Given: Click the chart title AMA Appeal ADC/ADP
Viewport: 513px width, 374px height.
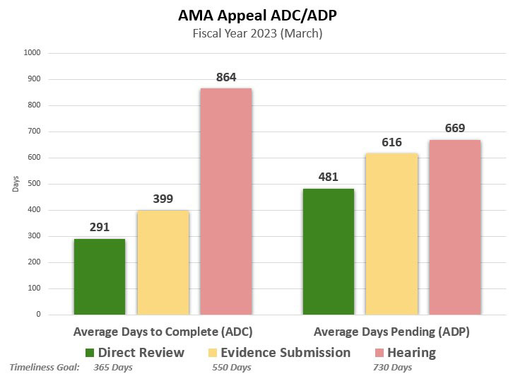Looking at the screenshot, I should point(257,15).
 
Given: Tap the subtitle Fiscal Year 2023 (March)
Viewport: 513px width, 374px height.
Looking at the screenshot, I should point(257,33).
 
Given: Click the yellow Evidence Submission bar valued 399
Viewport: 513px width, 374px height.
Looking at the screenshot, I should point(163,262).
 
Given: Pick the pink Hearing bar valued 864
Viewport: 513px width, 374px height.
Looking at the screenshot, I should point(226,201).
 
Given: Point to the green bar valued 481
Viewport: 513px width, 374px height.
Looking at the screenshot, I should point(329,252).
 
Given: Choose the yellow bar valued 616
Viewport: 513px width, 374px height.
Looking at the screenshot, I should point(391,234).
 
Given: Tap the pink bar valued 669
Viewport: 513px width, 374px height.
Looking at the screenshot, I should point(454,227).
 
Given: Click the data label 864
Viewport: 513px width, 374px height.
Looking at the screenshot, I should point(226,76).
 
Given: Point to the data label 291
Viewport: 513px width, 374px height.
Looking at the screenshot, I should point(100,227).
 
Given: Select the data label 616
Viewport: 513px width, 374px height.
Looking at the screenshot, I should point(391,142).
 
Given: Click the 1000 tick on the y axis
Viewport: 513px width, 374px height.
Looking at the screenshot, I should point(33,53).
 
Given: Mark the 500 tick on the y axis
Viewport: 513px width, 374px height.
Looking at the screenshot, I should point(34,184).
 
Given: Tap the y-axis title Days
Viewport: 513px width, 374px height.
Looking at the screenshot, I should point(15,184).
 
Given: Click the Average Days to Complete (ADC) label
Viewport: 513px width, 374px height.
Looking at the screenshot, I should point(163,331).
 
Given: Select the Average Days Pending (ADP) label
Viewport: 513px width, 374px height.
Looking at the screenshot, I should point(391,331).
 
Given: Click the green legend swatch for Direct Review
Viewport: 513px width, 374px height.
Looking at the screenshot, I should point(89,353).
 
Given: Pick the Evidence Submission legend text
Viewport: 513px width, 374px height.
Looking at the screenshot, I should point(285,352).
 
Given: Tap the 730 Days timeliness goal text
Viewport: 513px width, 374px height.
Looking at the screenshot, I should point(392,368).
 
